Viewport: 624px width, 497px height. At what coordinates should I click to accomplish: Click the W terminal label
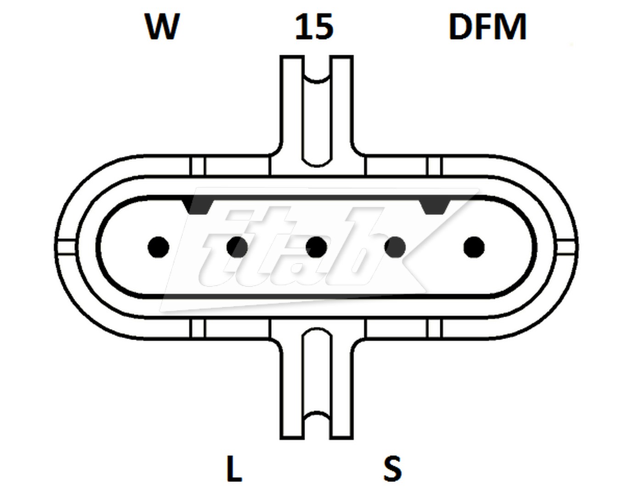pyautogui.click(x=163, y=26)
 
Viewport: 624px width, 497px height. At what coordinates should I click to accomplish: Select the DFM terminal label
pyautogui.click(x=488, y=27)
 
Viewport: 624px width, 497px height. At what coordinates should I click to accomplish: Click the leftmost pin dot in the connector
pyautogui.click(x=159, y=247)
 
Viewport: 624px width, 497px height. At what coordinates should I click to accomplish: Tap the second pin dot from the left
pyautogui.click(x=237, y=247)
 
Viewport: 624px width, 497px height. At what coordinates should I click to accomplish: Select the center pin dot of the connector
pyautogui.click(x=316, y=247)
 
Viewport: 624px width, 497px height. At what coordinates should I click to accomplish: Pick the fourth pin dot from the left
pyautogui.click(x=395, y=247)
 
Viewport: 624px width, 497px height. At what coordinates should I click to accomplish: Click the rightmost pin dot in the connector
pyautogui.click(x=474, y=247)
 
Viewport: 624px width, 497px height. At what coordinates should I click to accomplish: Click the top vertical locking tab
pyautogui.click(x=317, y=110)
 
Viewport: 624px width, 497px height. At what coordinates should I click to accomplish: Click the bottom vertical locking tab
pyautogui.click(x=317, y=383)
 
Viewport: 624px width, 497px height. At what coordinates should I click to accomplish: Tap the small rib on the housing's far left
pyautogui.click(x=66, y=247)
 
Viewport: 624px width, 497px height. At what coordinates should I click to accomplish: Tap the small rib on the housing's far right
pyautogui.click(x=567, y=247)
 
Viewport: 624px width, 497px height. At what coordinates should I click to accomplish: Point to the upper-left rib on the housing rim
pyautogui.click(x=198, y=166)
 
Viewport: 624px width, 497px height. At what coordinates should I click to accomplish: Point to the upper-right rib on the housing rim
pyautogui.click(x=435, y=166)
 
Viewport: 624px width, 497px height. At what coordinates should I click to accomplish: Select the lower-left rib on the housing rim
pyautogui.click(x=198, y=328)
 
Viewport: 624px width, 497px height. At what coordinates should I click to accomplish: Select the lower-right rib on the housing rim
pyautogui.click(x=435, y=328)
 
